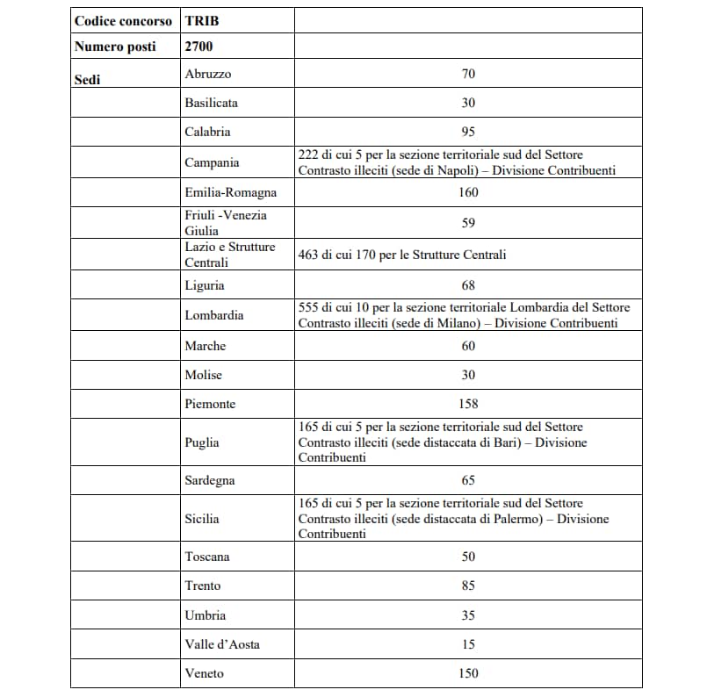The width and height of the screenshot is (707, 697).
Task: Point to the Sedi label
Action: [x=88, y=80]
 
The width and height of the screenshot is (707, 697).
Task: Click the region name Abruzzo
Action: [x=208, y=75]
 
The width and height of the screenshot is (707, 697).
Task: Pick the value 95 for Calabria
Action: [x=468, y=132]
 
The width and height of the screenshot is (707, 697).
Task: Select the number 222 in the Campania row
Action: [x=308, y=154]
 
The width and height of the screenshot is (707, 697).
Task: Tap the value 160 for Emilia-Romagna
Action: [x=468, y=192]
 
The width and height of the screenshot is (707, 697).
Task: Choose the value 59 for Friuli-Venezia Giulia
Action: [x=468, y=223]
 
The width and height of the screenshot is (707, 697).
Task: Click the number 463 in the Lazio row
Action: [x=308, y=255]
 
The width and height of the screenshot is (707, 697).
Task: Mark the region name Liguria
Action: [x=205, y=285]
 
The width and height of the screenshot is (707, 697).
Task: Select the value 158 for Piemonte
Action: [x=468, y=404]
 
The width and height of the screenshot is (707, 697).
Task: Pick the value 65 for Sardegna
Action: [x=468, y=480]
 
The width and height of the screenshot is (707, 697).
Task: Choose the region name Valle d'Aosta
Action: [x=222, y=644]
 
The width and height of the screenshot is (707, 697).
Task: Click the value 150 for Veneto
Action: [x=468, y=673]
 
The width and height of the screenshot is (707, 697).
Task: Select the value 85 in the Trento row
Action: [x=468, y=586]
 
